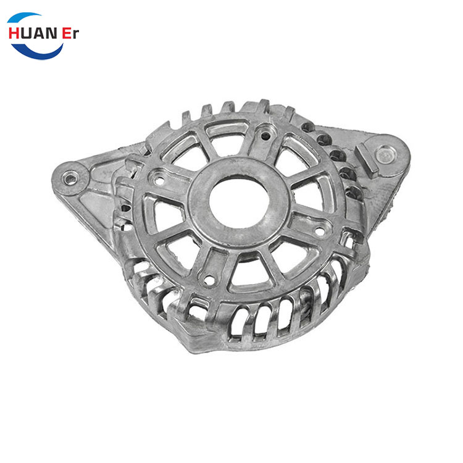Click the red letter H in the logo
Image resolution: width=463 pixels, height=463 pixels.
[14, 33]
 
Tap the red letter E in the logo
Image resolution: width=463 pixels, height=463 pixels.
[67, 33]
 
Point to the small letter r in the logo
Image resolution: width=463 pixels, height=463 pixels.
[75, 35]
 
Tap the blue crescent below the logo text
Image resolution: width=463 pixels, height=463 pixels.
[37, 52]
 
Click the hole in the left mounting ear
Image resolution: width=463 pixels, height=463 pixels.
[70, 179]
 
